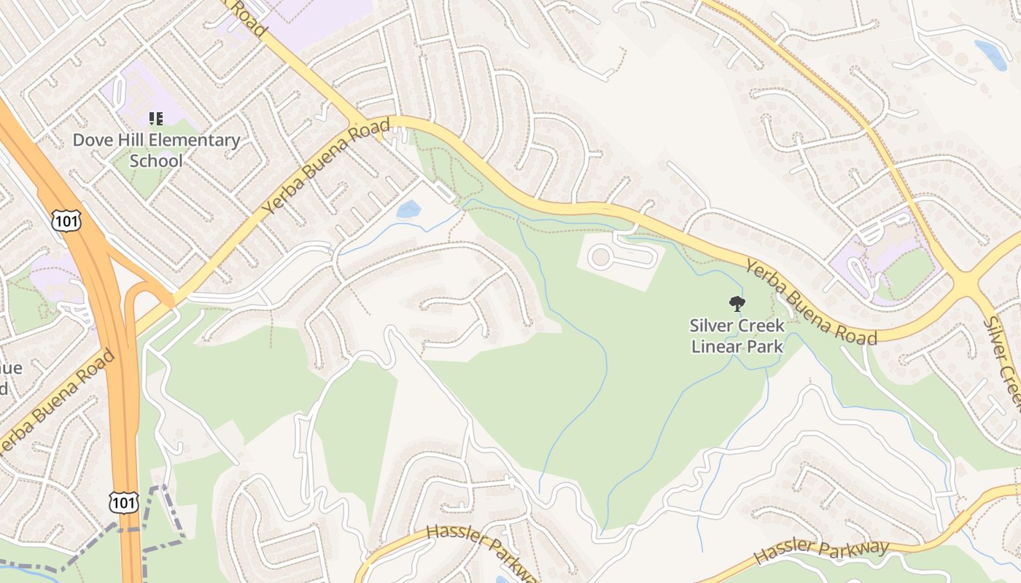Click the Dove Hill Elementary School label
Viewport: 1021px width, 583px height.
pos(156,150)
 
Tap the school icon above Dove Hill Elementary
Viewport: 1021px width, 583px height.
pos(156,118)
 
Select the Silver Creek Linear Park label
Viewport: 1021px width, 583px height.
pos(737,336)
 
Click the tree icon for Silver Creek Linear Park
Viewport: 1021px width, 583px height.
pos(737,304)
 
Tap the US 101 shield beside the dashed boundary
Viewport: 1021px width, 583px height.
pos(123,501)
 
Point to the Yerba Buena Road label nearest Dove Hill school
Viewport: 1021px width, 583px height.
pos(325,167)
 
